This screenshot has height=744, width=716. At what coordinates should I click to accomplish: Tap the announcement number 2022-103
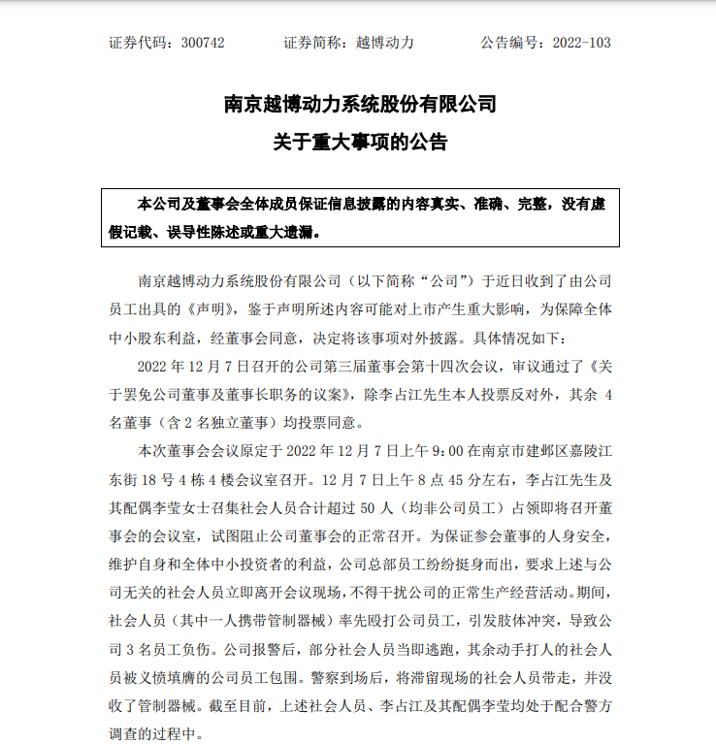pos(581,43)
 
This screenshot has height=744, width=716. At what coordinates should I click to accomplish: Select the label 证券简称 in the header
pos(314,43)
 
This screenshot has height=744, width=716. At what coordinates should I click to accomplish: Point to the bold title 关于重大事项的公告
pos(360,143)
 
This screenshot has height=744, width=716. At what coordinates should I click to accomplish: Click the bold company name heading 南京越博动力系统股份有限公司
pos(360,104)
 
